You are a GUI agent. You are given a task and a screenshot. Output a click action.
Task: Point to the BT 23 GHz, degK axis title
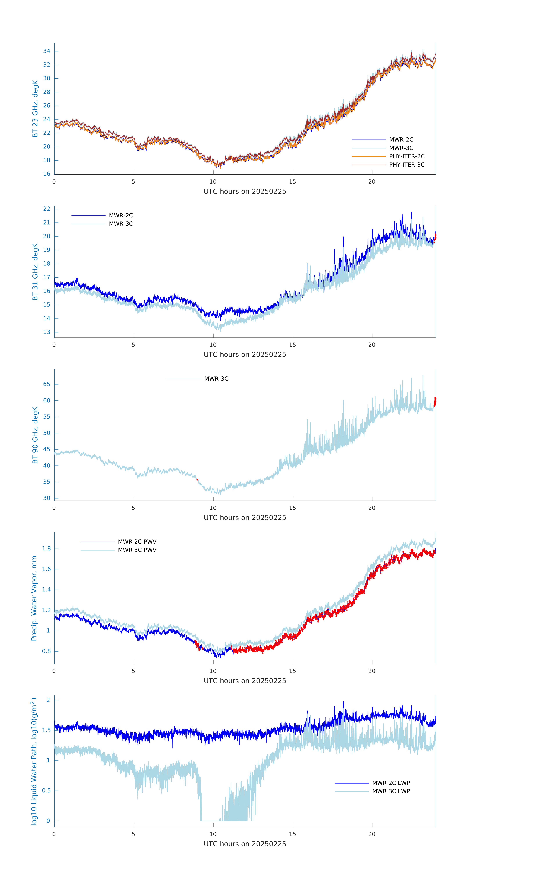pos(35,109)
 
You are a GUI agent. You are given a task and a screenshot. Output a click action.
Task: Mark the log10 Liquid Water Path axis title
pos(34,762)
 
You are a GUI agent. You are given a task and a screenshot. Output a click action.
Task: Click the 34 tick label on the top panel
pos(47,51)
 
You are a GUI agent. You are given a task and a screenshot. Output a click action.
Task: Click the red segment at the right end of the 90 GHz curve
pos(435,401)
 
